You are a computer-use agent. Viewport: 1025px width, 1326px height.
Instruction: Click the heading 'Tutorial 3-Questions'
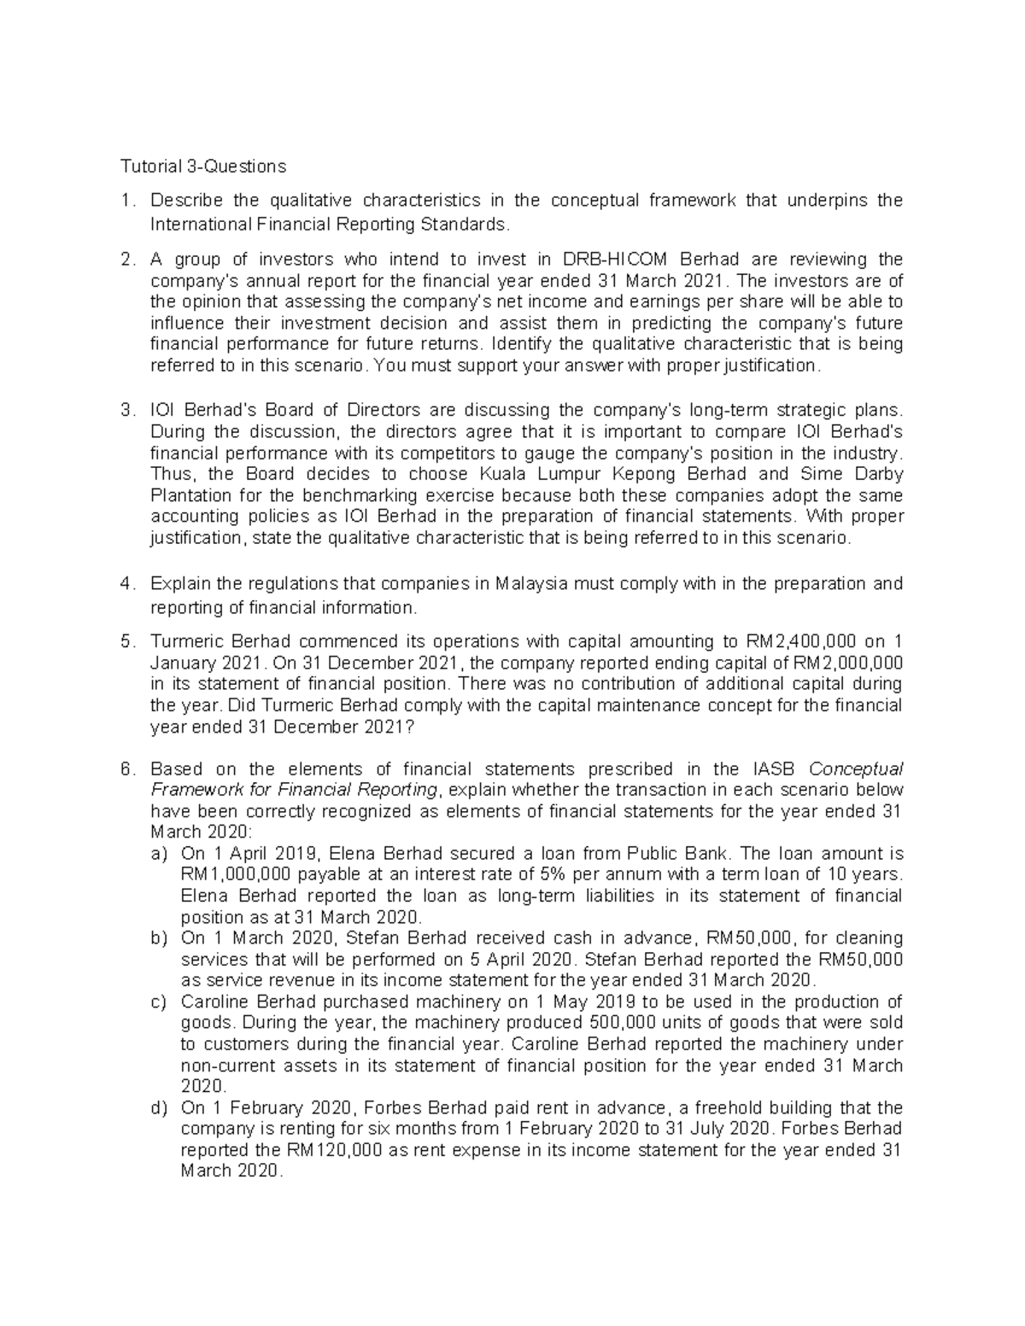[x=202, y=166]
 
